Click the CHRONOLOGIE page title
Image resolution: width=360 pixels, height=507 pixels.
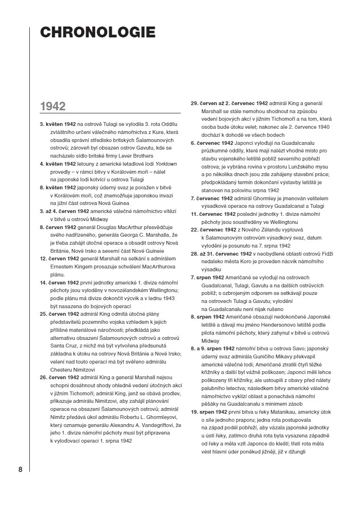tap(97, 32)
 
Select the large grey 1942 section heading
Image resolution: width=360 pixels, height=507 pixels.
tap(53, 106)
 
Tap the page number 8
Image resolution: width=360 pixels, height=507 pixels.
tap(20, 470)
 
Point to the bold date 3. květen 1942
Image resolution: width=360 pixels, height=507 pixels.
tap(58, 124)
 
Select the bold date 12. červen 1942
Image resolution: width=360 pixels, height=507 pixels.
tap(60, 258)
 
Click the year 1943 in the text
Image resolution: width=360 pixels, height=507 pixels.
tap(169, 298)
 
